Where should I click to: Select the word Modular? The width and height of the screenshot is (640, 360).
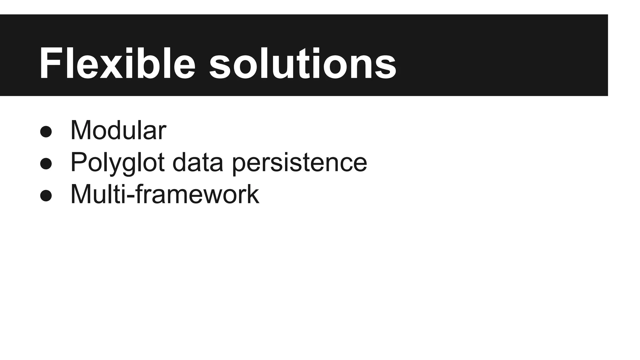click(118, 130)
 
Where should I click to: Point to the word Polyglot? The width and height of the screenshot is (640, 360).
click(117, 162)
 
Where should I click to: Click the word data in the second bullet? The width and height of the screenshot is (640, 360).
click(198, 162)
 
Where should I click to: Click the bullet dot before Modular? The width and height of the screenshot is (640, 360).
click(46, 132)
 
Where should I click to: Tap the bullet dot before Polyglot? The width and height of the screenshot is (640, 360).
click(46, 163)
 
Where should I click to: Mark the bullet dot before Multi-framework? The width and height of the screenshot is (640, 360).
click(46, 196)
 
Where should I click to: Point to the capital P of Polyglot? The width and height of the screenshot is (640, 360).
click(78, 162)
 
